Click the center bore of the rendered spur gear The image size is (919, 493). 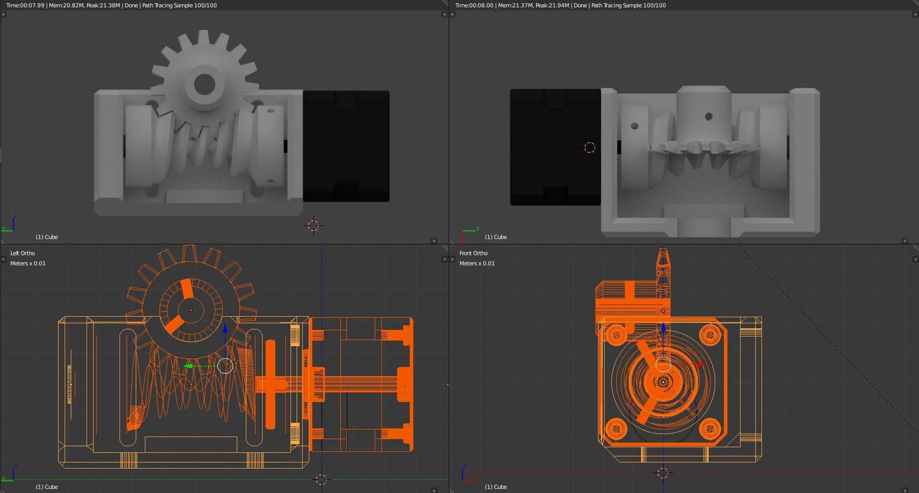coord(205,85)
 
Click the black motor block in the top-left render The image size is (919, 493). coord(346,146)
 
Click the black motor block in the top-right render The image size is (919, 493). coord(555,147)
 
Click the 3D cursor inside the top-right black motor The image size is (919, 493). coord(590,148)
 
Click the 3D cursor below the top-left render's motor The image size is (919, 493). coord(314,225)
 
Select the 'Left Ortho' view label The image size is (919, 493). coord(22,253)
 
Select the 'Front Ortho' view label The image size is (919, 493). coord(473,253)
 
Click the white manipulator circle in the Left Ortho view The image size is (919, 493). coord(225,366)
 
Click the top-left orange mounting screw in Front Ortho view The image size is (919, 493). coord(616,334)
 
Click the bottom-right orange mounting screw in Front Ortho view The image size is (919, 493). coord(710,428)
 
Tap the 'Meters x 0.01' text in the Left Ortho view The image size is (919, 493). coord(28,264)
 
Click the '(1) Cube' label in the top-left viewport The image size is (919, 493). coord(46,237)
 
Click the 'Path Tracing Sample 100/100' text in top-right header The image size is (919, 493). coord(628,5)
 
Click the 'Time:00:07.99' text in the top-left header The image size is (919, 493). coord(25,5)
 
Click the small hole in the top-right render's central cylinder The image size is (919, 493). coord(709,116)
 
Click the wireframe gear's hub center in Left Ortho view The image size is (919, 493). coord(191,310)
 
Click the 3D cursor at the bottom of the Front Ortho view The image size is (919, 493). coord(663,473)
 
